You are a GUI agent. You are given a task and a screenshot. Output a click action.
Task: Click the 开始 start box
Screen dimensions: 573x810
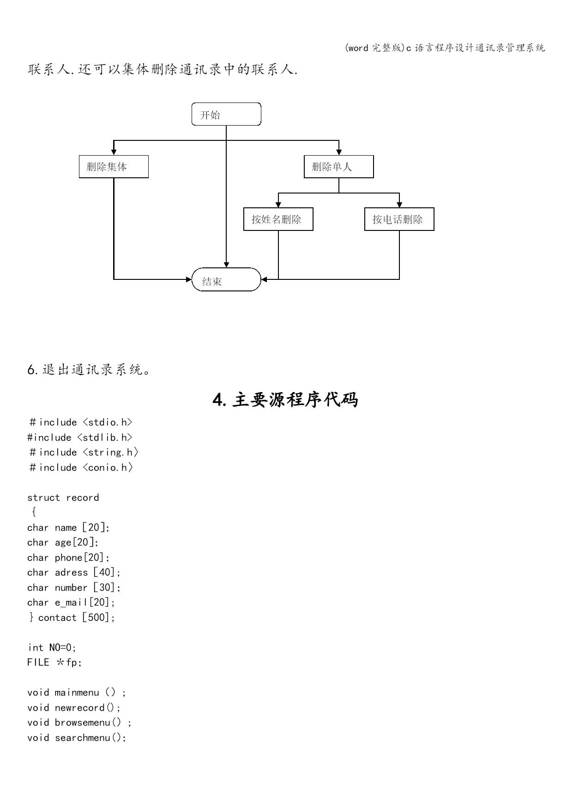click(226, 114)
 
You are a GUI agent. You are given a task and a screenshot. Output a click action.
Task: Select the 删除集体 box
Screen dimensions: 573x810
click(114, 167)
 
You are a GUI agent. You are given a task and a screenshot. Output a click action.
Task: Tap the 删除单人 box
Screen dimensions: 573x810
click(338, 167)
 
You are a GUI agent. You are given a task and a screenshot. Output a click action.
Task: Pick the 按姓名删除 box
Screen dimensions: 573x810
click(278, 219)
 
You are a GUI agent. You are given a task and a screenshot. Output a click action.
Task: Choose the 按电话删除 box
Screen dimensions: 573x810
click(399, 219)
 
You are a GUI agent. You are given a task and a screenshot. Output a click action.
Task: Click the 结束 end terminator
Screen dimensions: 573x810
click(226, 279)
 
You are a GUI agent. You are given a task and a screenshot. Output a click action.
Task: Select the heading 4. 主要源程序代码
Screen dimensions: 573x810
click(285, 399)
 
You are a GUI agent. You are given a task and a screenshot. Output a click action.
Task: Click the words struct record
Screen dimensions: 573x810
click(63, 497)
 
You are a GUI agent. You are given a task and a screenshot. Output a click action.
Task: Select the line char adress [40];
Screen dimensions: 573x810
click(74, 572)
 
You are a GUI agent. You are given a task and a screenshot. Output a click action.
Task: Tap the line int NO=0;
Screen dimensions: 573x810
click(52, 647)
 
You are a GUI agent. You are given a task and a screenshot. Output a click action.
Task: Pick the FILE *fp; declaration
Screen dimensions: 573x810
click(54, 662)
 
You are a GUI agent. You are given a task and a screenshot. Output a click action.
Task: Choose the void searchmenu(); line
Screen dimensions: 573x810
click(77, 737)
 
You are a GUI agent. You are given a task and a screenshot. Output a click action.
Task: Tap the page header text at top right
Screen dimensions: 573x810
click(445, 48)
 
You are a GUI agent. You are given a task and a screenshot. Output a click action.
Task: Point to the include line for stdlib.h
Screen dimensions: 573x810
click(80, 437)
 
